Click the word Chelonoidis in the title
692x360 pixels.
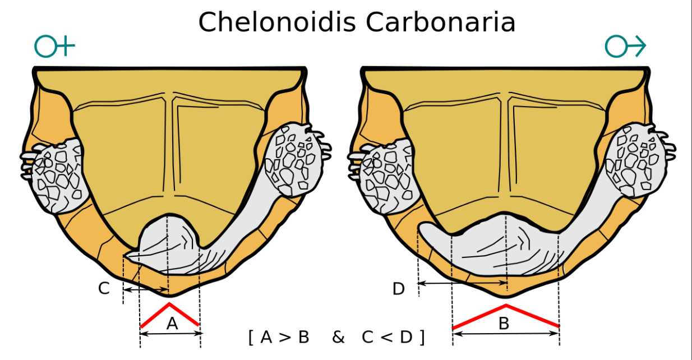pyautogui.click(x=277, y=22)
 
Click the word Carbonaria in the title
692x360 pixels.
pyautogui.click(x=441, y=22)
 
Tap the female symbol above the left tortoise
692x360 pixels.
pyautogui.click(x=54, y=46)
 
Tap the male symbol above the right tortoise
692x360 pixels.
pyautogui.click(x=625, y=46)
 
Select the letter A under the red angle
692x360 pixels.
pyautogui.click(x=172, y=324)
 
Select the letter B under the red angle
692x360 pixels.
pyautogui.click(x=504, y=324)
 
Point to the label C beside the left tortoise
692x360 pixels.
pyautogui.click(x=104, y=288)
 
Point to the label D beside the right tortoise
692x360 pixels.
pyautogui.click(x=399, y=289)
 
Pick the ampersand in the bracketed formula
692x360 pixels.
pyautogui.click(x=338, y=337)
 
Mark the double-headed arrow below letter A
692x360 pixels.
pyautogui.click(x=171, y=334)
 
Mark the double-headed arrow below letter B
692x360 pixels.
pyautogui.click(x=506, y=334)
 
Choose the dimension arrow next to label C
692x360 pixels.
pyautogui.click(x=146, y=290)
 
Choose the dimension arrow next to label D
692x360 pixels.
pyautogui.click(x=462, y=283)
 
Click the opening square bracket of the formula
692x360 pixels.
pyautogui.click(x=251, y=338)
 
